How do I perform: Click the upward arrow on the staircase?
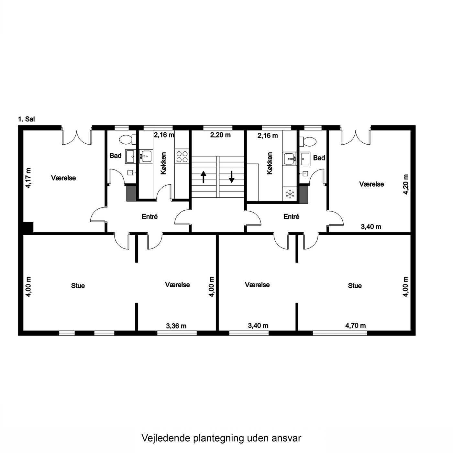point(203,177)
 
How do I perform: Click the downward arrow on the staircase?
point(232,177)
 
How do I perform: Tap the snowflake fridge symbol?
point(290,194)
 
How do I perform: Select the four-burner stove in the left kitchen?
point(182,157)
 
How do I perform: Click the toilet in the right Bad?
point(309,141)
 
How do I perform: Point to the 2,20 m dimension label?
point(220,135)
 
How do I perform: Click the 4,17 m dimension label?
point(28,178)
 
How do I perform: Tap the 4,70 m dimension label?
point(355,326)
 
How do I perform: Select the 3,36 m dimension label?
point(176,326)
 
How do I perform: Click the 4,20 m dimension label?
point(406,184)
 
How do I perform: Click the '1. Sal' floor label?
point(26,119)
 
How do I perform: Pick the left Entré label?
point(149,216)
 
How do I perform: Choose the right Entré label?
point(291,216)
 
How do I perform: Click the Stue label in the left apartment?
point(78,286)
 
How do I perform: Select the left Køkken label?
point(163,163)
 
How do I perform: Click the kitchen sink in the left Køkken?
point(146,156)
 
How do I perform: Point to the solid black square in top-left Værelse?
point(28,227)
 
